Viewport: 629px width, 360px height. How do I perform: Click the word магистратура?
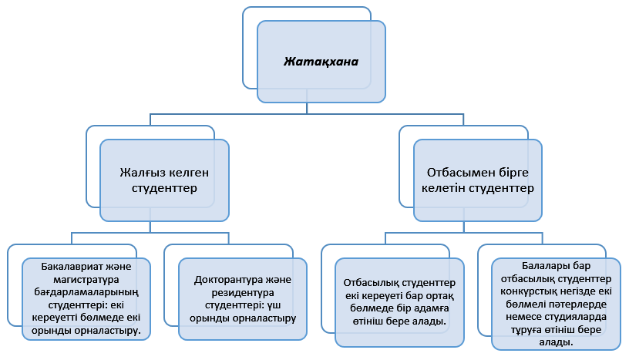pos(85,281)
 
